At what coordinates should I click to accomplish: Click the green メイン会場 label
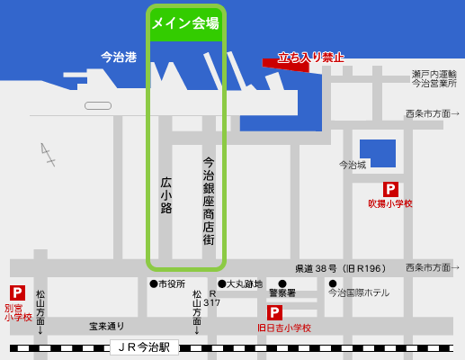[x=186, y=24]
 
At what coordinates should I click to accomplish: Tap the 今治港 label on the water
[x=119, y=57]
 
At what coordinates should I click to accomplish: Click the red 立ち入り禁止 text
[x=310, y=57]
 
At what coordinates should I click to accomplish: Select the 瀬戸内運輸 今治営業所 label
[x=434, y=78]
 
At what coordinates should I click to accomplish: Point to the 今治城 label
[x=353, y=165]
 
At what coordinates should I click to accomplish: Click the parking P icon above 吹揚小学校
[x=390, y=189]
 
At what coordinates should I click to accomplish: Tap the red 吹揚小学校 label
[x=390, y=204]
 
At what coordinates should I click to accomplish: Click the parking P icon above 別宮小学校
[x=17, y=292]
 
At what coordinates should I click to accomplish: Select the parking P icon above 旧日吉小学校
[x=274, y=312]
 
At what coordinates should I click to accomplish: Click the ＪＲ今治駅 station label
[x=145, y=346]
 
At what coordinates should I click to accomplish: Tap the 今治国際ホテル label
[x=359, y=292]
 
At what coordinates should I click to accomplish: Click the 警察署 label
[x=282, y=292]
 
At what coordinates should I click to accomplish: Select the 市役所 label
[x=170, y=283]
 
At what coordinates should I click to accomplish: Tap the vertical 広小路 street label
[x=165, y=194]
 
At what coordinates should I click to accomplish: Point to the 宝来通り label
[x=107, y=326]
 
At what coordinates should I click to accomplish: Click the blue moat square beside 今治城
[x=377, y=153]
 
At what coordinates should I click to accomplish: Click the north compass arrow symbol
[x=48, y=155]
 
